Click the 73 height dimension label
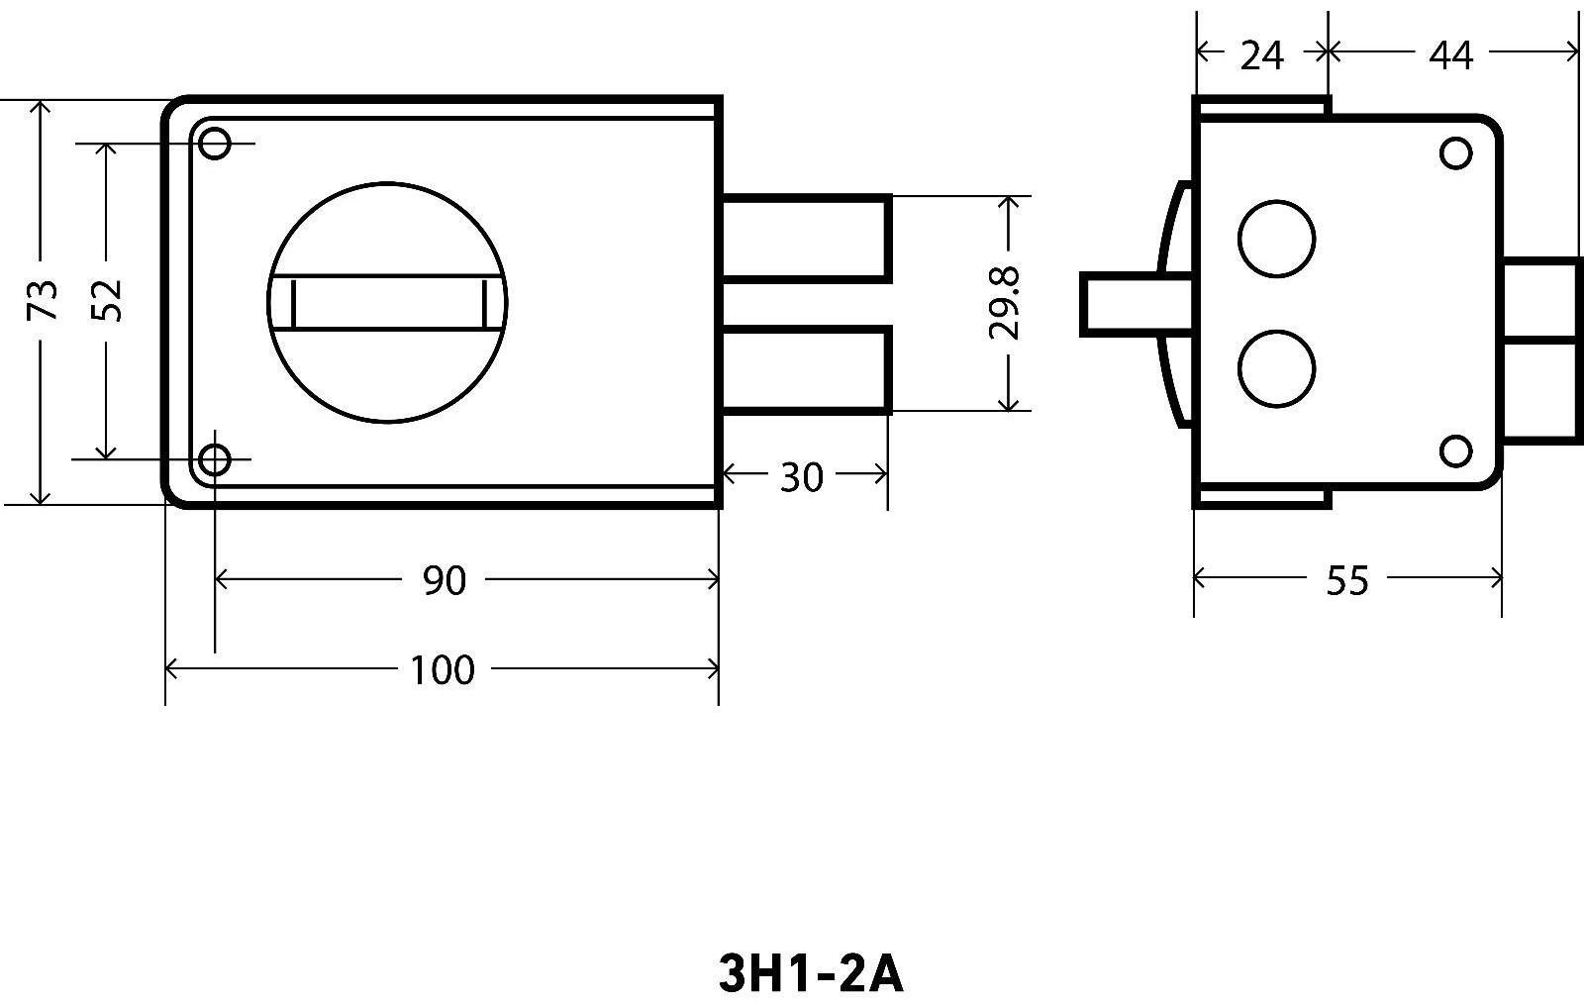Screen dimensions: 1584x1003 click(43, 300)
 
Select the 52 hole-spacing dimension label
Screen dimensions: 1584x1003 click(108, 301)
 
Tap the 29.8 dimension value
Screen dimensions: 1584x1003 click(1005, 303)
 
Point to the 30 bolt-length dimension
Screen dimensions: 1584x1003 click(801, 477)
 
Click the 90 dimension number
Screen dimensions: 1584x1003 click(445, 581)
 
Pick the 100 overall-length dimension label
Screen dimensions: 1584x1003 click(442, 670)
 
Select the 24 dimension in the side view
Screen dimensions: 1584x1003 click(1262, 55)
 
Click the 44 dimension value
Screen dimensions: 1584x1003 click(1451, 55)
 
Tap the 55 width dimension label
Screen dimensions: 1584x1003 click(1347, 581)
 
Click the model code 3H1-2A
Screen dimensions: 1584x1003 click(811, 974)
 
